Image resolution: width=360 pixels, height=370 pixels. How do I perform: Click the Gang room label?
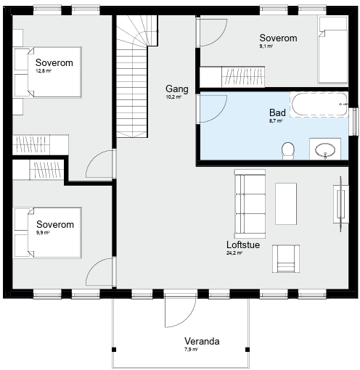(x=177, y=89)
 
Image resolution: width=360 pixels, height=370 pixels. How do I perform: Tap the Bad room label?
(x=277, y=112)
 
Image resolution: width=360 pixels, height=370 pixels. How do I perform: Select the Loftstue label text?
(x=243, y=244)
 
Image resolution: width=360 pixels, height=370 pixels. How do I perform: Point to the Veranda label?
(x=202, y=341)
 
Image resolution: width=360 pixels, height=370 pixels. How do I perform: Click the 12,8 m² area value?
(x=44, y=71)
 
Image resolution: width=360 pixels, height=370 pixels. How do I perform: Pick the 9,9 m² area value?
(x=43, y=233)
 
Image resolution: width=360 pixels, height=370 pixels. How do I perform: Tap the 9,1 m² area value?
(x=266, y=46)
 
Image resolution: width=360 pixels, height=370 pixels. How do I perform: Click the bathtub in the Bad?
(x=319, y=104)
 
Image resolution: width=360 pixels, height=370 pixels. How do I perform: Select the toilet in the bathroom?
(x=288, y=151)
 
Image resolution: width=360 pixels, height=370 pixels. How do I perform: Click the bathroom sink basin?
(x=325, y=150)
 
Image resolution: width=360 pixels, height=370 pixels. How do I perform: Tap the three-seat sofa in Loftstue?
(x=250, y=204)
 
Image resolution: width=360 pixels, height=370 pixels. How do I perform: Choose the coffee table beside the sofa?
(x=286, y=204)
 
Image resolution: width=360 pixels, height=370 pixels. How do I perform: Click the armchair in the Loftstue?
(x=286, y=259)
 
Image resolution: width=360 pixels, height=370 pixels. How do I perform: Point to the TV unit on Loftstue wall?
(x=341, y=204)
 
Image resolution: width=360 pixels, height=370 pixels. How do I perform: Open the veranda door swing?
(x=180, y=311)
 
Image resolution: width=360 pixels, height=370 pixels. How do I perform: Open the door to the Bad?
(x=212, y=109)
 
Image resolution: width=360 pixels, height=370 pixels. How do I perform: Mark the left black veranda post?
(x=114, y=350)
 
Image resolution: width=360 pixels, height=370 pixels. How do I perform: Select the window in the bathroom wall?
(x=354, y=122)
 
